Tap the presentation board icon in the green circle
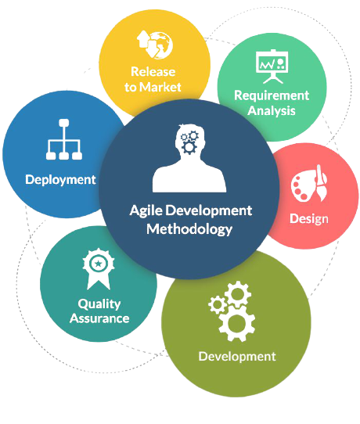[x=272, y=66]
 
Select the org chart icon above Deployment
[x=64, y=139]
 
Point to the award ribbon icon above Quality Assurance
[x=99, y=269]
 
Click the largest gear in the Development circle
[x=237, y=324]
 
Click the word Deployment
[x=60, y=180]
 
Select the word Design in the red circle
[x=309, y=219]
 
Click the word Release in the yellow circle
[x=153, y=72]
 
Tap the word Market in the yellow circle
[x=161, y=87]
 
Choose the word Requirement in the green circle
[x=272, y=95]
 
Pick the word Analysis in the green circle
[x=272, y=111]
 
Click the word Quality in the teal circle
[x=99, y=304]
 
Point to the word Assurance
[x=99, y=318]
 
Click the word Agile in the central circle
[x=146, y=211]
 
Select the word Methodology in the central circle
[x=189, y=229]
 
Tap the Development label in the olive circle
[x=237, y=357]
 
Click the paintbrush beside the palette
[x=321, y=183]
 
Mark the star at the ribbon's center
[x=98, y=263]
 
